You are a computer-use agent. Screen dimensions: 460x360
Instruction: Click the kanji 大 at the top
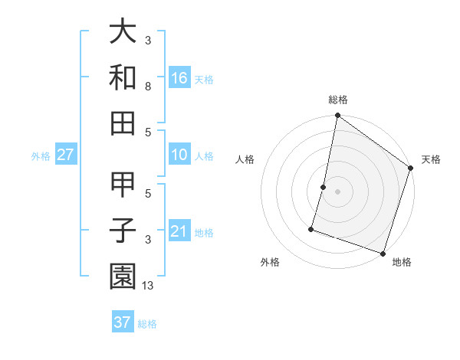coord(123,31)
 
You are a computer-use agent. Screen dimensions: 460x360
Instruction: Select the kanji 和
coord(123,77)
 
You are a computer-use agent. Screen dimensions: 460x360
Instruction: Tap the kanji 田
coord(123,121)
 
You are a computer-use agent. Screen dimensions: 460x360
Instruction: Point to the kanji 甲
coord(123,185)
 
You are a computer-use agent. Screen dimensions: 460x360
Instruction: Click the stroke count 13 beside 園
coord(149,286)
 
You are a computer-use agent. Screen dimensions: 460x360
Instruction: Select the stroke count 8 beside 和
coord(149,87)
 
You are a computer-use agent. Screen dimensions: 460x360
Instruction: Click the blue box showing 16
coord(179,77)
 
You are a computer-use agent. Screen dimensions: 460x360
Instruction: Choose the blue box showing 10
coord(179,155)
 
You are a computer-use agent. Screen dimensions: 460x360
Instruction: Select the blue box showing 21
coord(179,231)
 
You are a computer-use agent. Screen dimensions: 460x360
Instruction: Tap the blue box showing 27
coord(66,155)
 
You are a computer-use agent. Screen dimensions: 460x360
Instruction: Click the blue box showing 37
coord(123,322)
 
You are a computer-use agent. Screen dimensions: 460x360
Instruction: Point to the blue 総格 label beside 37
coord(147,324)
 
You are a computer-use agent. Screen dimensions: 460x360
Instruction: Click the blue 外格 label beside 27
coord(41,156)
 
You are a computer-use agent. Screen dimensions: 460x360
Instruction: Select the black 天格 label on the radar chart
coord(431,159)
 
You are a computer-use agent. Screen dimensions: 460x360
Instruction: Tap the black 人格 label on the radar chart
coord(245,159)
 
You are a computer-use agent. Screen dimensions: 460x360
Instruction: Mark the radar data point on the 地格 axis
coord(383,253)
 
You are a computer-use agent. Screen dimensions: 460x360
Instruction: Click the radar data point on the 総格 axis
coord(337,116)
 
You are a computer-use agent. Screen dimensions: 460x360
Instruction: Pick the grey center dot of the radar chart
coord(337,191)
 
